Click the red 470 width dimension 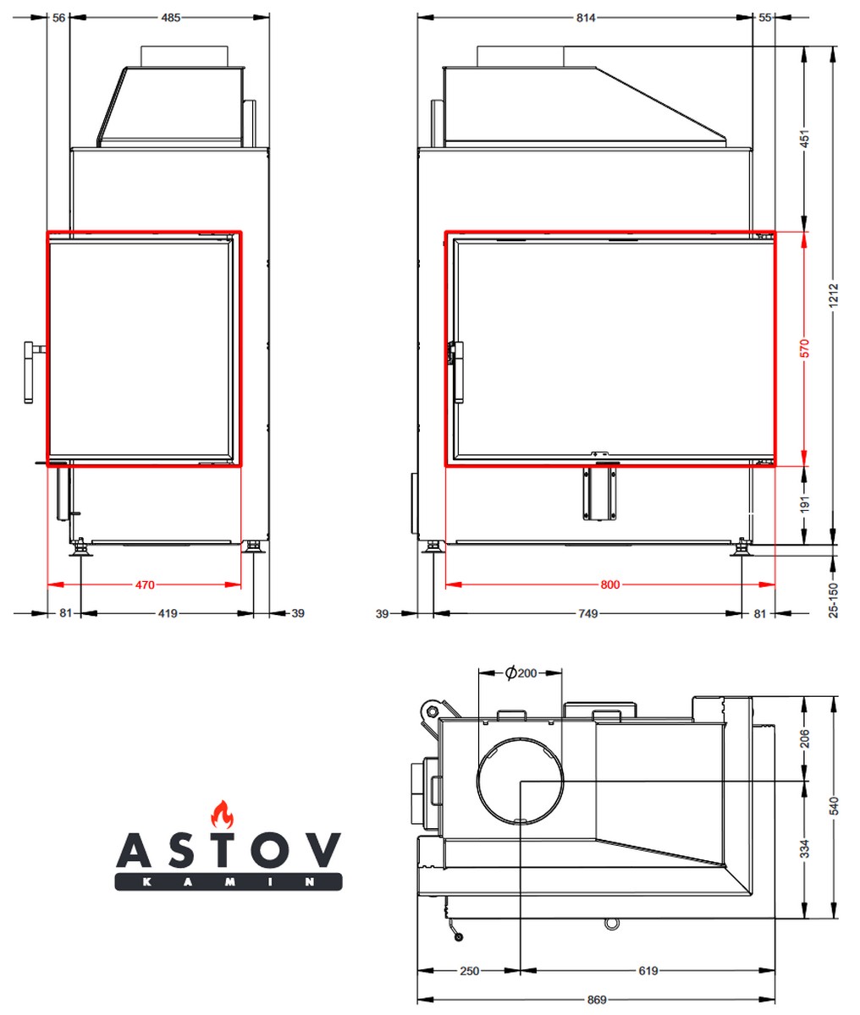(145, 584)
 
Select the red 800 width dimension (609, 584)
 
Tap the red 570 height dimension (804, 348)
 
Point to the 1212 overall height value (834, 295)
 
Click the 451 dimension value (804, 139)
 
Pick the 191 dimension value (804, 504)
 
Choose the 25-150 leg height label (834, 600)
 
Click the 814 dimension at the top (586, 18)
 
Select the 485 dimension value (170, 18)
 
